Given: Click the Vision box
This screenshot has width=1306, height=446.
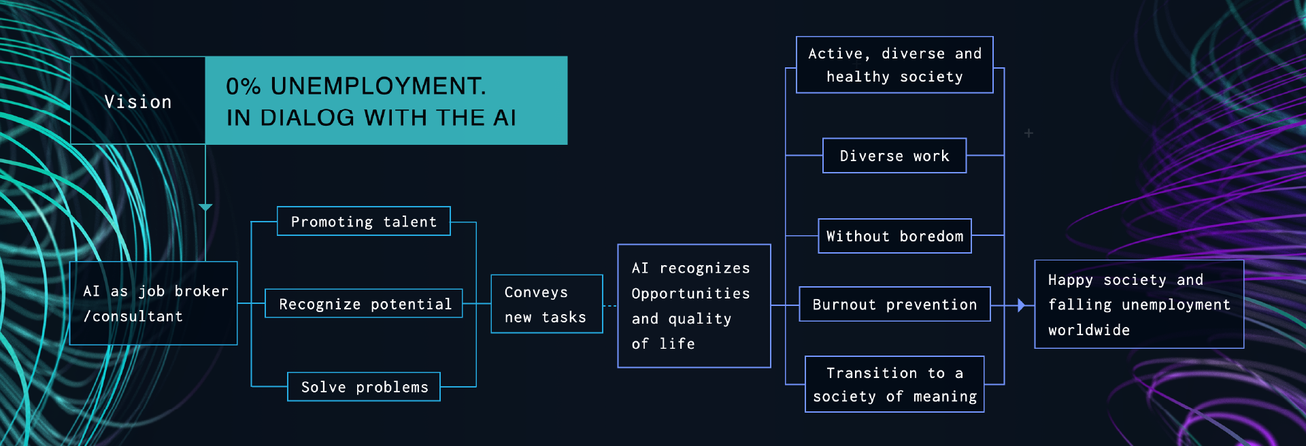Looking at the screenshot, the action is click(x=138, y=101).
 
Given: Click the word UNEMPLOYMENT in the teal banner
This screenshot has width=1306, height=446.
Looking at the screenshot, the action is click(x=378, y=86).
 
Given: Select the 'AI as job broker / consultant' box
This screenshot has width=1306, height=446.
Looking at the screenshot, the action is click(x=154, y=303).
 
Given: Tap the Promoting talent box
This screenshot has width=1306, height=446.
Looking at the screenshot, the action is click(x=364, y=222).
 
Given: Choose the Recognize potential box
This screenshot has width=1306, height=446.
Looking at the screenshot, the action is click(x=364, y=304).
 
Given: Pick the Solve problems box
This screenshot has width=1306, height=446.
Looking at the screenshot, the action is click(x=364, y=387).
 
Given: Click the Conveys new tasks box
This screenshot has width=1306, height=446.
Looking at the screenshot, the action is click(x=547, y=304).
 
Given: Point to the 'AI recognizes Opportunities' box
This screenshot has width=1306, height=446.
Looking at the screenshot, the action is click(x=694, y=306).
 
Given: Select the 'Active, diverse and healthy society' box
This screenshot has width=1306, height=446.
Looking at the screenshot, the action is click(x=894, y=65).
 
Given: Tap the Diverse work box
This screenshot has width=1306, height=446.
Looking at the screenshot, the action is click(x=894, y=156).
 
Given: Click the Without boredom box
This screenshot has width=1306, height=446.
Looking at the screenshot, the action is click(x=894, y=236).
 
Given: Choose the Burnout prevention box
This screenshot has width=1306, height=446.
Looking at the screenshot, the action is click(x=894, y=305).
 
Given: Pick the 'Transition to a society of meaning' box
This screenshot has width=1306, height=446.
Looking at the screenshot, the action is click(x=894, y=384).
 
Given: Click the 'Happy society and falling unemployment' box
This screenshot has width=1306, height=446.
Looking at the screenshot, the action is click(x=1139, y=305).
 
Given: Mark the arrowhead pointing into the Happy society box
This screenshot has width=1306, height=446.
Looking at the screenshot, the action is click(x=1021, y=305).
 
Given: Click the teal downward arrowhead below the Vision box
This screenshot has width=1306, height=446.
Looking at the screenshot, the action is click(x=205, y=207).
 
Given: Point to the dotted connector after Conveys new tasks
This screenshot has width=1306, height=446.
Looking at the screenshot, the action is click(x=610, y=306).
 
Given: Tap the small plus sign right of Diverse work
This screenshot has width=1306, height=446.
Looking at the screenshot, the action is click(x=1028, y=133).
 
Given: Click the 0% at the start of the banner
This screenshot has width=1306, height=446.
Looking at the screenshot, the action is click(x=243, y=86).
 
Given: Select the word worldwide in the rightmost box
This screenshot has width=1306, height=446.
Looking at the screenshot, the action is click(x=1088, y=330).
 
